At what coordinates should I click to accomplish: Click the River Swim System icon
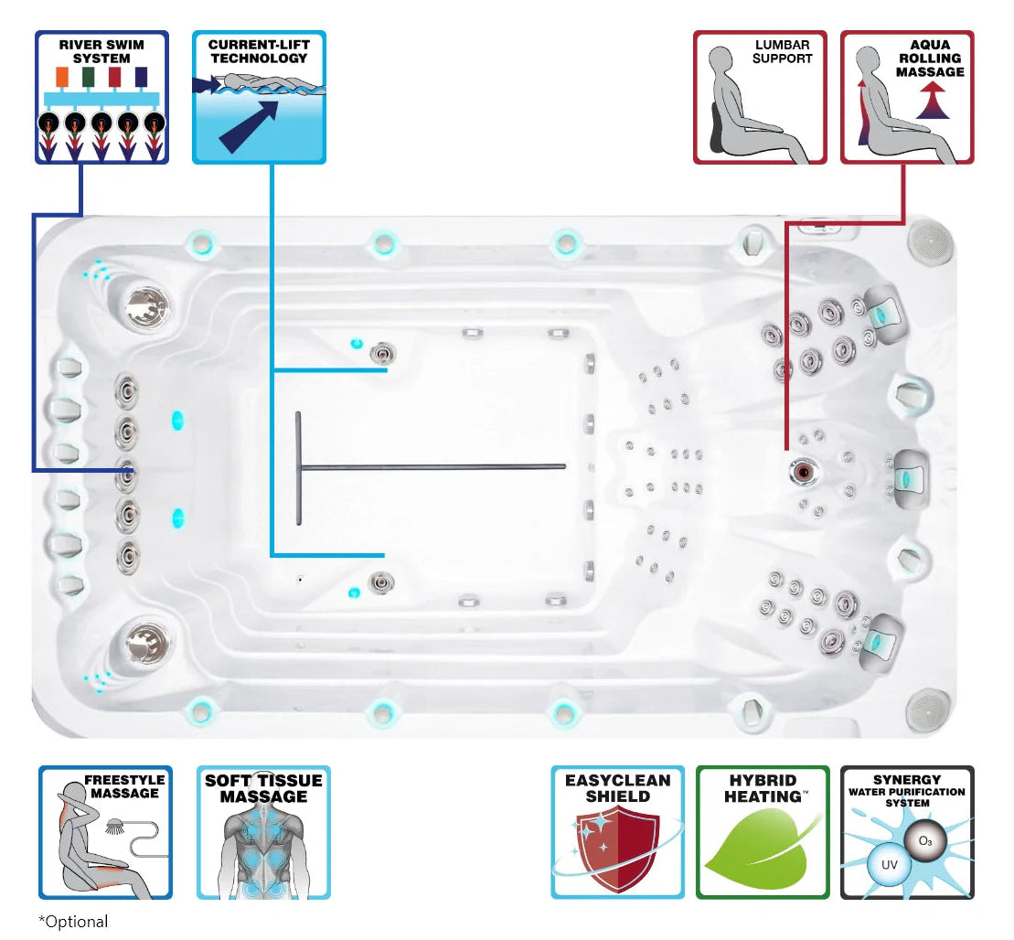point(101,97)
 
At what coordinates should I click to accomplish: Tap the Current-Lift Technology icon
point(259,97)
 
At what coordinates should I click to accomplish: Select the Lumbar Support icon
point(760,97)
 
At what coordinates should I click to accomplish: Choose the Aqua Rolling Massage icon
point(907,97)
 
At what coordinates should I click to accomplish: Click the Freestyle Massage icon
point(105,832)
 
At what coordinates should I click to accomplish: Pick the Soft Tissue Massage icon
point(263,832)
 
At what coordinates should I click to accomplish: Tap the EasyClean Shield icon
point(617,832)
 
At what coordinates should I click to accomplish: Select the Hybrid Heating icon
point(763,832)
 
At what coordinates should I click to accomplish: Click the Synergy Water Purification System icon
point(907,832)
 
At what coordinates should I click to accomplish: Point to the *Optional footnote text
point(73,921)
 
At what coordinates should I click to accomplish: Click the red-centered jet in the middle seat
point(803,472)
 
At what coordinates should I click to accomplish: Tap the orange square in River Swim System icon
point(62,76)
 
